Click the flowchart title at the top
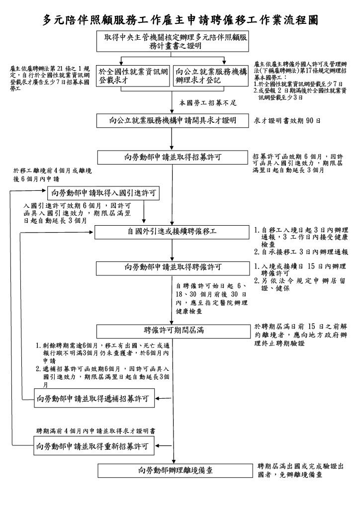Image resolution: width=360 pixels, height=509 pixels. coord(180,19)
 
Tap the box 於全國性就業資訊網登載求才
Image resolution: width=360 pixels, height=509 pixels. coord(134,75)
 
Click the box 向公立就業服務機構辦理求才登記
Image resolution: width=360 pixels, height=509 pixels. coord(211,75)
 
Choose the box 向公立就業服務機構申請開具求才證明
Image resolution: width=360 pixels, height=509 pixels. coord(173,120)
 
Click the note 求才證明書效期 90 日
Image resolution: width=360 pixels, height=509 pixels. coord(287,121)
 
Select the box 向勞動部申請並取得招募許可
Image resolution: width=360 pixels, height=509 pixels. coord(173,157)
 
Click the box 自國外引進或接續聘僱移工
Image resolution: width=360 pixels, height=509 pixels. coord(173,232)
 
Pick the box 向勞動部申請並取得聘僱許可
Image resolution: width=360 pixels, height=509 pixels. coord(173,267)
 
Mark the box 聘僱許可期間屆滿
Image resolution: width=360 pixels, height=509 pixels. coord(173,330)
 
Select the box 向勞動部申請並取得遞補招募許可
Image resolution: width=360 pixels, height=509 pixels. coord(93,398)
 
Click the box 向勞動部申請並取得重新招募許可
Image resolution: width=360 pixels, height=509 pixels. coord(93,446)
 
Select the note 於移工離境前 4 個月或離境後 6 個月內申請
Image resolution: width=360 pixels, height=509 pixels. coord(52,174)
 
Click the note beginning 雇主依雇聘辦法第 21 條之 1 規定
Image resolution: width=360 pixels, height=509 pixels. coord(50,78)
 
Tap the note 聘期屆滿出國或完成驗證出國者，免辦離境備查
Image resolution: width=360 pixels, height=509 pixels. coord(300,470)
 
